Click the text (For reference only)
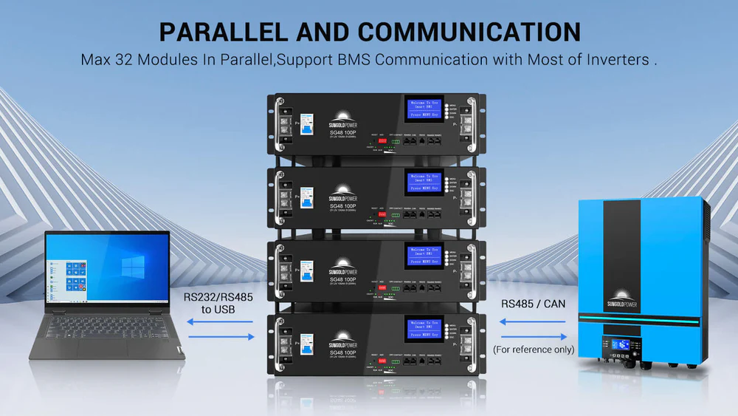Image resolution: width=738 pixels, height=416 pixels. tap(534, 349)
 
